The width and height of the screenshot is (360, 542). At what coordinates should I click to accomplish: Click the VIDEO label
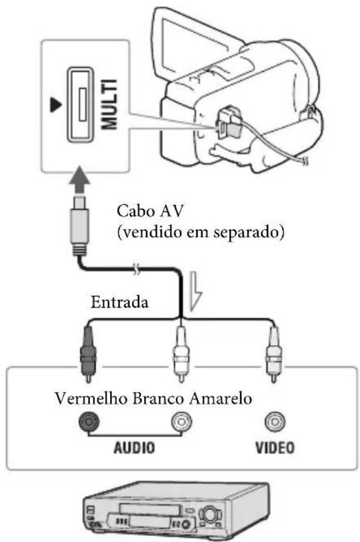pyautogui.click(x=274, y=448)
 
